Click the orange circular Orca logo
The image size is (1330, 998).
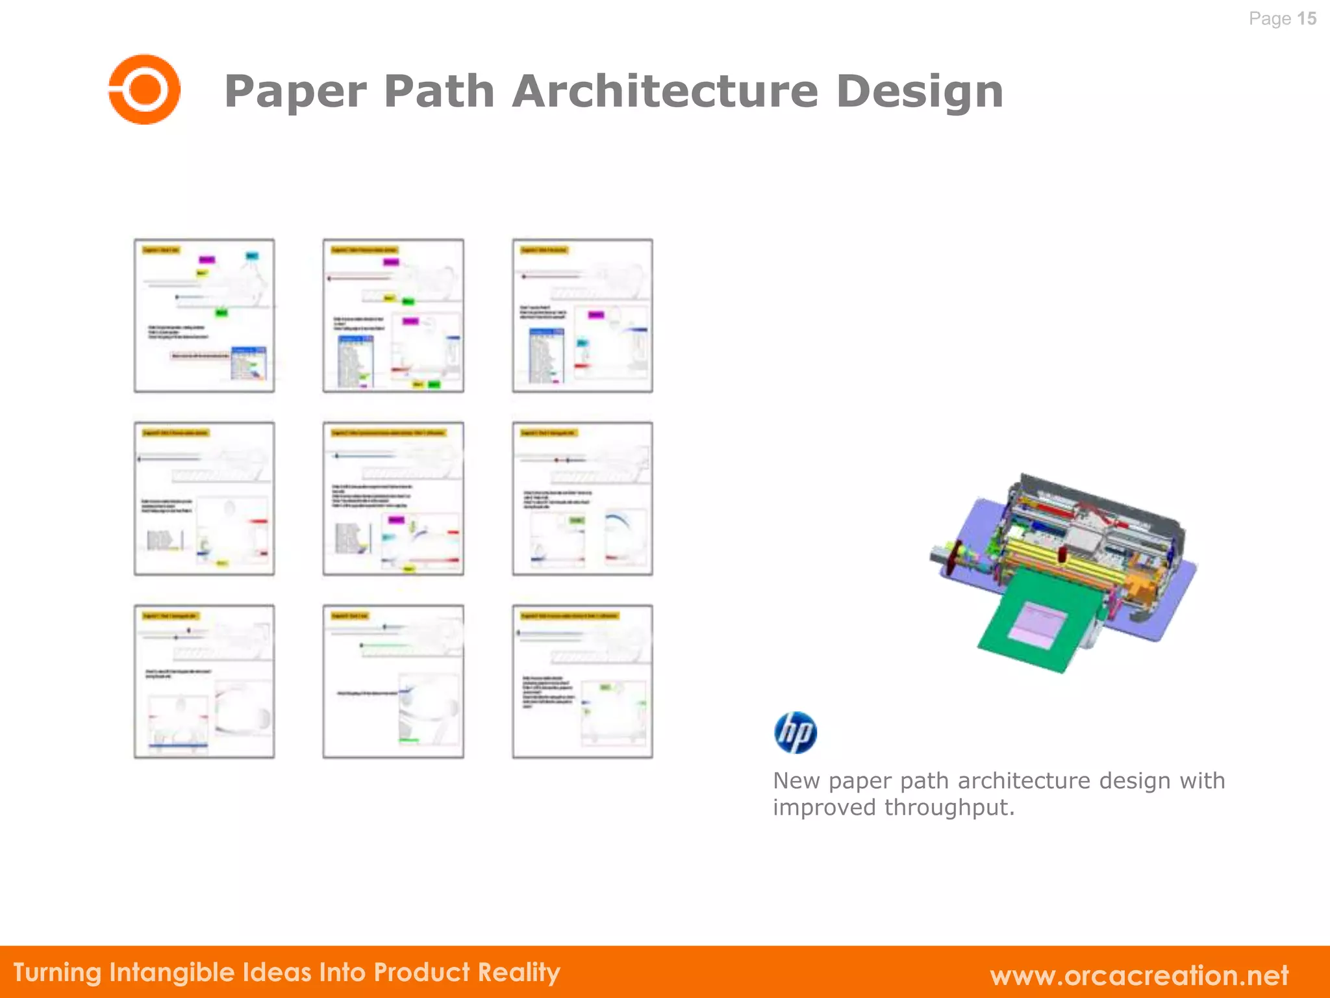[x=144, y=89]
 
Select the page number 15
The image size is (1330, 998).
[x=1307, y=19]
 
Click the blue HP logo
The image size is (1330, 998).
[x=796, y=732]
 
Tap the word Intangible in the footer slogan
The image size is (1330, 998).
[x=172, y=973]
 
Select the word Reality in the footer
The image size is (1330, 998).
[x=519, y=973]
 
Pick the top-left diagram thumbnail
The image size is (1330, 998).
[x=205, y=316]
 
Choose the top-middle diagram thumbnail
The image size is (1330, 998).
[x=394, y=316]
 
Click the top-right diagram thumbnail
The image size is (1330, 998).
[x=583, y=316]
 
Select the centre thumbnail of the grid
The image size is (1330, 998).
[x=394, y=498]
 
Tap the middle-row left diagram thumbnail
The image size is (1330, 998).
[x=205, y=498]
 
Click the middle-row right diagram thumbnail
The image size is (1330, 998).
[x=583, y=498]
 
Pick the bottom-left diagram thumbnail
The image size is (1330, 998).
[x=205, y=682]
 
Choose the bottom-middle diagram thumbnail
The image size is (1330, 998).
[x=394, y=682]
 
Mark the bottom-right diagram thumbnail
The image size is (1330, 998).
[x=583, y=682]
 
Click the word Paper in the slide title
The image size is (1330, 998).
[x=295, y=92]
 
